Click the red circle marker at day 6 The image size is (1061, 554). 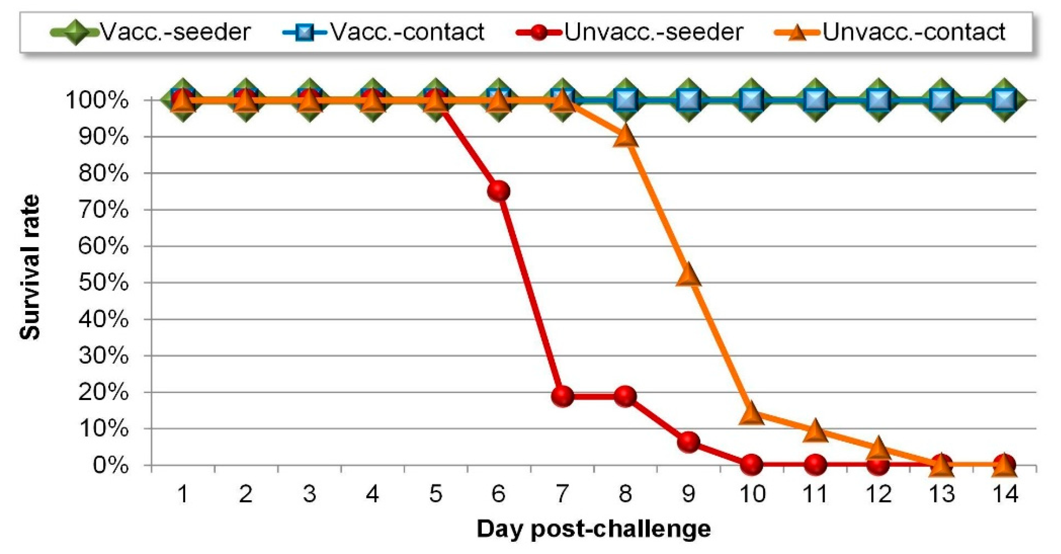(499, 191)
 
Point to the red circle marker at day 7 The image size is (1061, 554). (562, 396)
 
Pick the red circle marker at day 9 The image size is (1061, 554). (689, 442)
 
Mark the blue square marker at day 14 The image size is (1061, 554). (1005, 100)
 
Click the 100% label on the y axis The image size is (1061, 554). (97, 101)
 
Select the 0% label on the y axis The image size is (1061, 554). (110, 465)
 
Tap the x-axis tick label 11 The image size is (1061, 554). (815, 494)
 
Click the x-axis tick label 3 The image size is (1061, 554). (310, 494)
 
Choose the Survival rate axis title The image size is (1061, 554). (30, 267)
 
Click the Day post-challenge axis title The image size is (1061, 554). (593, 529)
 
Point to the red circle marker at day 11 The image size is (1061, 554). (815, 465)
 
